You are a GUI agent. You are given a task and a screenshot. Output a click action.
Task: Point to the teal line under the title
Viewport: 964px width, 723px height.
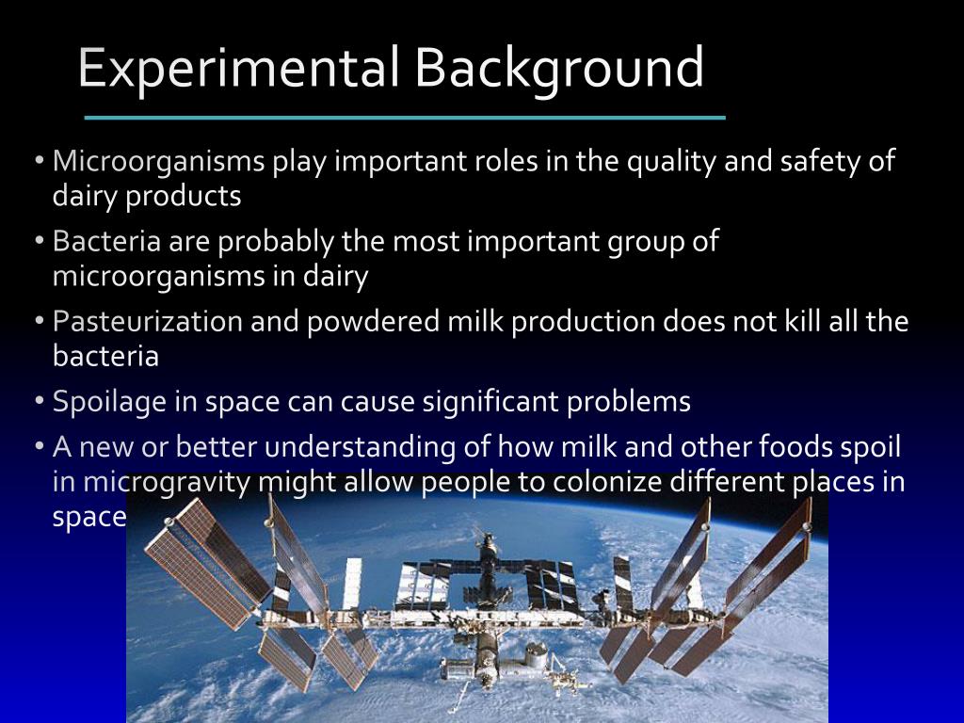pos(405,118)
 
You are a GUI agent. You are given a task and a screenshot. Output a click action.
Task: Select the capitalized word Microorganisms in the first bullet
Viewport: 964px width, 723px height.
pos(158,162)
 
